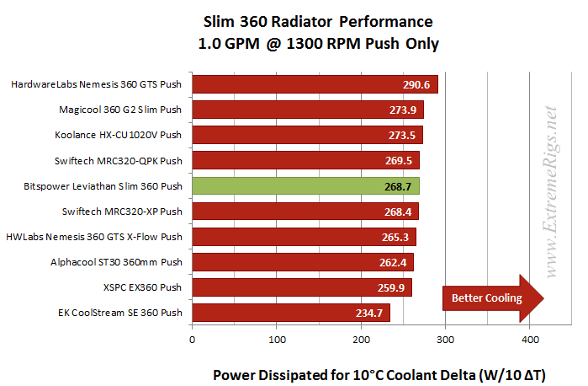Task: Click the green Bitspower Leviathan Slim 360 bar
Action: [305, 186]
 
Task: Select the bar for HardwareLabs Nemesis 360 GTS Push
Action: [315, 84]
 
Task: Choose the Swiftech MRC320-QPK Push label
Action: [122, 160]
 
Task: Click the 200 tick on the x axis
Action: [361, 340]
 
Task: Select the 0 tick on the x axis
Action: [193, 340]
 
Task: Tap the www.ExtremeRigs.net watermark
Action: [552, 194]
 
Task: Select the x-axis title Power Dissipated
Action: [392, 374]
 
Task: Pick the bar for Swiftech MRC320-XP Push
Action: [305, 212]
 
